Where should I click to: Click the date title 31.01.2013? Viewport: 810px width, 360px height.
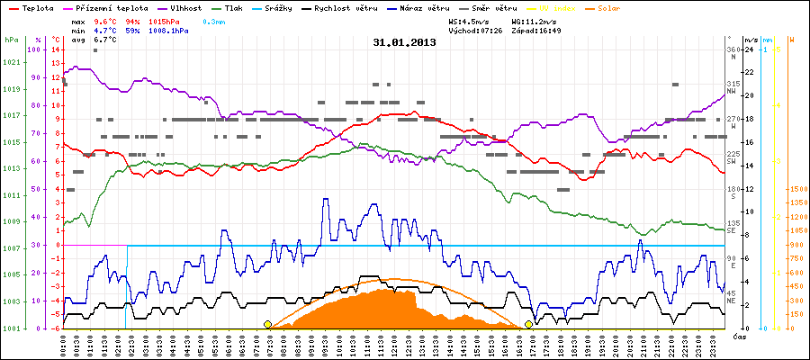pyautogui.click(x=404, y=41)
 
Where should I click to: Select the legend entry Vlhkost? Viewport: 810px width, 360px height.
pyautogui.click(x=180, y=7)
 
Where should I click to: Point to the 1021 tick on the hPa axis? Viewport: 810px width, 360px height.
pyautogui.click(x=12, y=62)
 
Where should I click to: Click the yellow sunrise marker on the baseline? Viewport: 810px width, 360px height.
pyautogui.click(x=267, y=324)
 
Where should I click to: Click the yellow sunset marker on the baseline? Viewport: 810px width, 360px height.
pyautogui.click(x=528, y=324)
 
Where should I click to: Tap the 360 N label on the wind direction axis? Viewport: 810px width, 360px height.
pyautogui.click(x=733, y=53)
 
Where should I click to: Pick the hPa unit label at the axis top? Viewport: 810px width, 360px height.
pyautogui.click(x=11, y=40)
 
